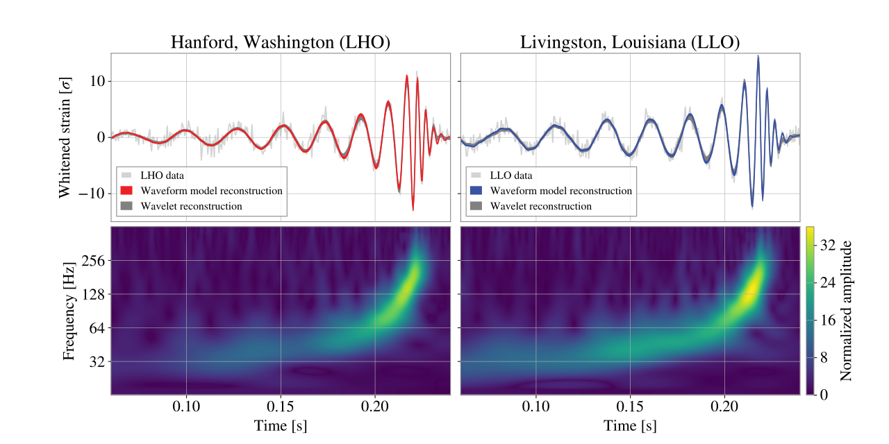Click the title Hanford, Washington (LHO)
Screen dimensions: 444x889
click(x=281, y=42)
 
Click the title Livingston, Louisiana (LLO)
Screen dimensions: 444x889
click(x=630, y=42)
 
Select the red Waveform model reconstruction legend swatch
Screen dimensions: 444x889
click(x=126, y=191)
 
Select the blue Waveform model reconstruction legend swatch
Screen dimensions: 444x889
click(x=476, y=191)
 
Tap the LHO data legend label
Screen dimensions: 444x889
click(x=163, y=176)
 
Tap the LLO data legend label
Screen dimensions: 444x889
click(x=511, y=176)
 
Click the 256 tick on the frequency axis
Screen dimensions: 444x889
click(x=94, y=261)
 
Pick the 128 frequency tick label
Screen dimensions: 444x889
click(x=94, y=295)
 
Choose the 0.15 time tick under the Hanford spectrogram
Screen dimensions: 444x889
click(x=281, y=407)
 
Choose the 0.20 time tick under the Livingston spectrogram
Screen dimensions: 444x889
click(x=724, y=407)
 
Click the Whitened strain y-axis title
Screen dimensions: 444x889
click(x=65, y=138)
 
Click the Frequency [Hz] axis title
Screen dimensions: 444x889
click(x=69, y=310)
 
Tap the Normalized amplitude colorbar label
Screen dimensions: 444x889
click(x=846, y=310)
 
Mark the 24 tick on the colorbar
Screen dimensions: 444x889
click(x=828, y=282)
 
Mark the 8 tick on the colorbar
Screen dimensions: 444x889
click(x=824, y=357)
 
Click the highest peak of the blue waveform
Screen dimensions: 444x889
click(x=758, y=56)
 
